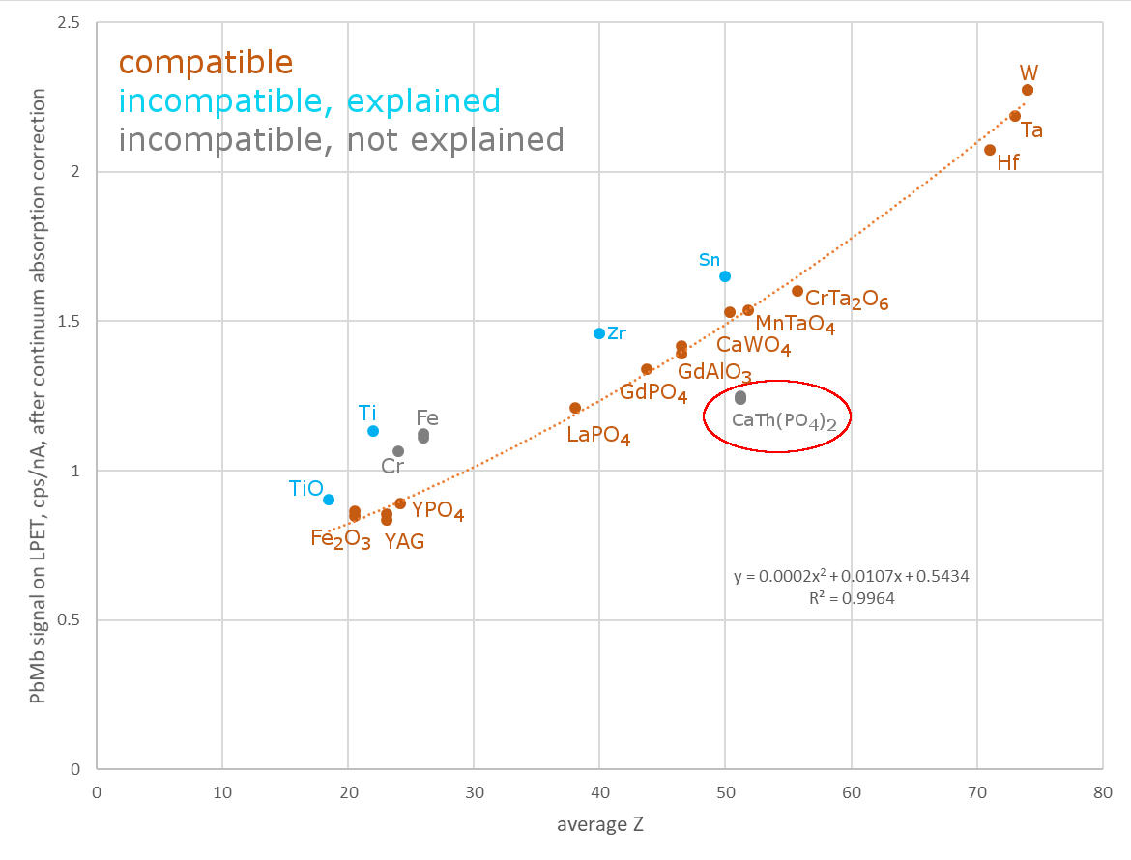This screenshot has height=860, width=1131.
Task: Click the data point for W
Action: [1028, 90]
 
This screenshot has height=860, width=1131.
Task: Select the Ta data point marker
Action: [1015, 116]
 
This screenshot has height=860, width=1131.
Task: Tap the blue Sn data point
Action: [725, 276]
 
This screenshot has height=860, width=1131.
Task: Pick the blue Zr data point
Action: [599, 333]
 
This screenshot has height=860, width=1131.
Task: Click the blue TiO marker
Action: [329, 500]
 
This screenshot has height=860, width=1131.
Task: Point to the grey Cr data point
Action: [398, 451]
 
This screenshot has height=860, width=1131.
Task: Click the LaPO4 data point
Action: [575, 408]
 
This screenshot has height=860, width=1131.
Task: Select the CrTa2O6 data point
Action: [797, 291]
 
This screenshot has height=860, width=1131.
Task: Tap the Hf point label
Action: [1008, 163]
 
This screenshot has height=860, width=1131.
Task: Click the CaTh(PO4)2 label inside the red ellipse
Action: [776, 420]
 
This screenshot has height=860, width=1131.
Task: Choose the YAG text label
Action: [404, 542]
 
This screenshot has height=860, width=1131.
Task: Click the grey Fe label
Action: [427, 418]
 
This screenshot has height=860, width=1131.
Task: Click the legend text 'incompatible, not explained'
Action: [341, 140]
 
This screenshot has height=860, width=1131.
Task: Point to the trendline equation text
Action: [851, 577]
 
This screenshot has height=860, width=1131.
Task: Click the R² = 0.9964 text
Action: [851, 598]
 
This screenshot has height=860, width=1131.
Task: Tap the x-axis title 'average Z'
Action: [599, 824]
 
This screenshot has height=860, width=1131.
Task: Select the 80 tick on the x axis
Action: [1102, 789]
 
